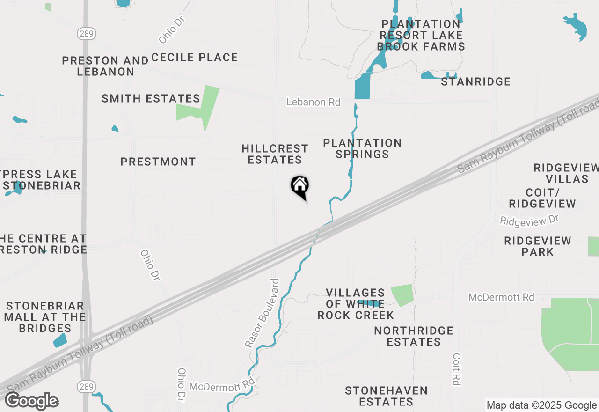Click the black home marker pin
pyautogui.click(x=299, y=186)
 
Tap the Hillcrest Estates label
pyautogui.click(x=275, y=154)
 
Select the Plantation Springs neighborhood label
pyautogui.click(x=362, y=148)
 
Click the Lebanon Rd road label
pyautogui.click(x=313, y=102)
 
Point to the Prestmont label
pyautogui.click(x=158, y=162)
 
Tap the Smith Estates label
pyautogui.click(x=151, y=98)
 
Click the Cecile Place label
pyautogui.click(x=194, y=57)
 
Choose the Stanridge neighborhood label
pyautogui.click(x=475, y=81)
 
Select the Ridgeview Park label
pyautogui.click(x=537, y=246)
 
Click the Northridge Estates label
pyautogui.click(x=414, y=336)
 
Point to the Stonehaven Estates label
pyautogui.click(x=386, y=396)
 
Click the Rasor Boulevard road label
pyautogui.click(x=262, y=313)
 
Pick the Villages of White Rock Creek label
pyautogui.click(x=355, y=304)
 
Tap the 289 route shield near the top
pyautogui.click(x=86, y=33)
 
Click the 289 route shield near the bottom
pyautogui.click(x=86, y=386)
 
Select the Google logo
pyautogui.click(x=31, y=401)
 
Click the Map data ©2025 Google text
pyautogui.click(x=541, y=405)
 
